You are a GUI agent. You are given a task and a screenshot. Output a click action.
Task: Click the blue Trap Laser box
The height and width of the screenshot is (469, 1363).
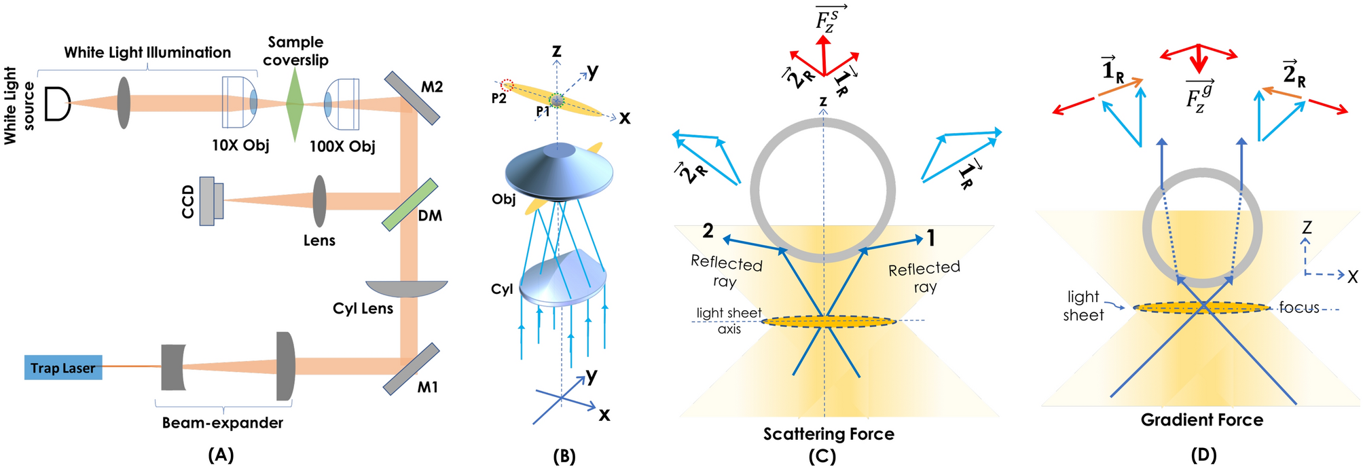click(x=63, y=367)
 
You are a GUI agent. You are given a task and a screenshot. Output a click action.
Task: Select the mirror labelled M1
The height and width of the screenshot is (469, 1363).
click(x=411, y=369)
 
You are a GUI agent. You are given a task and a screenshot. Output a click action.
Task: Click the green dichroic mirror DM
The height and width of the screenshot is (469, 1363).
click(x=410, y=205)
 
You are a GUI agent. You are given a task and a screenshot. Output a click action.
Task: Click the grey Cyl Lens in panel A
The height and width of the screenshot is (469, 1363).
click(x=406, y=288)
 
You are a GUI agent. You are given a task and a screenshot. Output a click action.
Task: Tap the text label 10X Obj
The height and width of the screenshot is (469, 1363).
click(x=240, y=145)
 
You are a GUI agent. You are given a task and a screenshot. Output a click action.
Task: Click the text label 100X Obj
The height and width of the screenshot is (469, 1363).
click(x=342, y=146)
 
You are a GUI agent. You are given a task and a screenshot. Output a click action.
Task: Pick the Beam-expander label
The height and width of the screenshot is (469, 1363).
click(x=222, y=423)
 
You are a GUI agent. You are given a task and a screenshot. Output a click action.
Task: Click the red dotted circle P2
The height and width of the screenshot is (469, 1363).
click(x=507, y=85)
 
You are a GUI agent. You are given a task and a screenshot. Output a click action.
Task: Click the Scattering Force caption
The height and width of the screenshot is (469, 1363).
click(x=829, y=434)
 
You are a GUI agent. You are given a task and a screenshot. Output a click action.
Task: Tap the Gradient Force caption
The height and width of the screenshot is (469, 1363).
click(x=1201, y=420)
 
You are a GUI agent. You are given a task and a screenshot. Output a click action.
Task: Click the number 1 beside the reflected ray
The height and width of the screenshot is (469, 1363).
click(x=931, y=238)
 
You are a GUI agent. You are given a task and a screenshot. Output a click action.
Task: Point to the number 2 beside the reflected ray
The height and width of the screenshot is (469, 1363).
click(x=708, y=231)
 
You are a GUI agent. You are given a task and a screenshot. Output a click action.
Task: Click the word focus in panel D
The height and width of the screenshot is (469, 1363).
click(x=1298, y=307)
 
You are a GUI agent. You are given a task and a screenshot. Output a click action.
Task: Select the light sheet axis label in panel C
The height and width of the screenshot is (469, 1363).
click(x=729, y=320)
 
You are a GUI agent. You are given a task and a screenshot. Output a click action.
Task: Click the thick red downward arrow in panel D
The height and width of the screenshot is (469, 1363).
click(x=1199, y=60)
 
